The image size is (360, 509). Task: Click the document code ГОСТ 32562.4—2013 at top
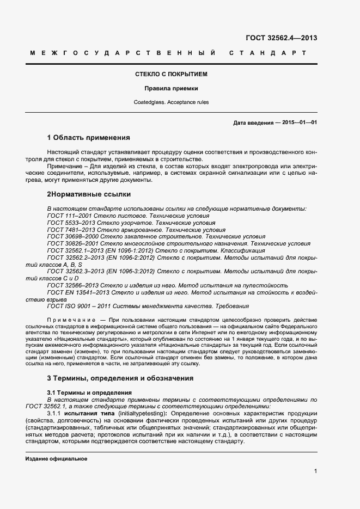(x=282, y=38)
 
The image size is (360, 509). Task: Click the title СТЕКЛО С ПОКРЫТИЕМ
(x=172, y=73)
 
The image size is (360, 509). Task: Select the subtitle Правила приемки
(x=172, y=88)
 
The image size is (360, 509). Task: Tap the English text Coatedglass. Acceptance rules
(x=172, y=102)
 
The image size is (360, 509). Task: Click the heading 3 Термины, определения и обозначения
(x=120, y=378)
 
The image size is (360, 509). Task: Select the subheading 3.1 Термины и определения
(x=89, y=393)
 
